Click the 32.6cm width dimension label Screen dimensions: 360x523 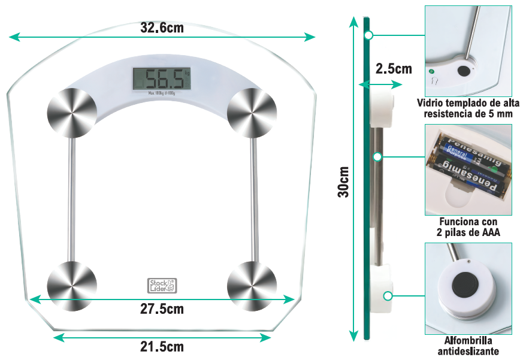[162, 28]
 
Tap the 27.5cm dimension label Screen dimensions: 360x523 [162, 309]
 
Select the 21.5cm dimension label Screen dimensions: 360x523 [162, 347]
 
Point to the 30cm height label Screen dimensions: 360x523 [343, 181]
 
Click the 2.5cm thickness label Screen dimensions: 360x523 [394, 69]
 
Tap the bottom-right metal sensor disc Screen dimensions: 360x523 [252, 286]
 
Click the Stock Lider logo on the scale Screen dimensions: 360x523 [162, 285]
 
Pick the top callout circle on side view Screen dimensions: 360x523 [369, 35]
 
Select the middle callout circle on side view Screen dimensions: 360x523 [377, 157]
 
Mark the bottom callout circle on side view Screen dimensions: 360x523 [388, 295]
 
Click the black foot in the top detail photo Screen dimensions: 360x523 [463, 71]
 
